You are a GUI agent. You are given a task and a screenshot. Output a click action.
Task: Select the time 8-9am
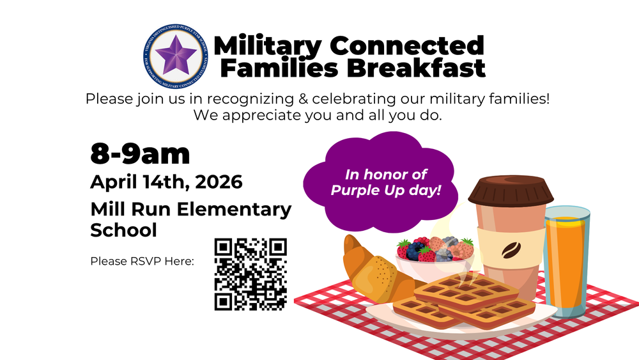(x=140, y=153)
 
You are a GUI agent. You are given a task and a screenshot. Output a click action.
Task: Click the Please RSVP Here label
(x=142, y=262)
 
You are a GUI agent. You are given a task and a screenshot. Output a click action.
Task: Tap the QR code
(x=250, y=274)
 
